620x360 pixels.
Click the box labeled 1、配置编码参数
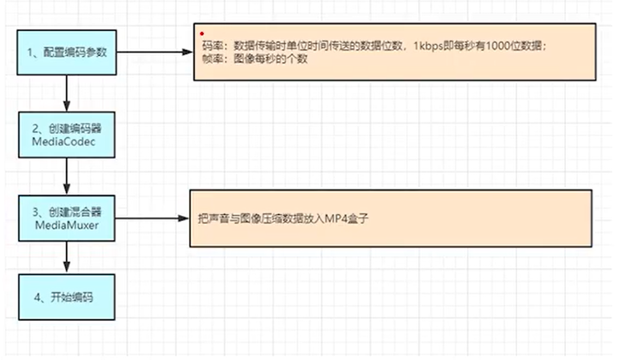pyautogui.click(x=66, y=53)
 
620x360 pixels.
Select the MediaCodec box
pyautogui.click(x=66, y=135)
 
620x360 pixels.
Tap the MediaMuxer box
pyautogui.click(x=66, y=218)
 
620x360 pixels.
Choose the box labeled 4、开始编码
pyautogui.click(x=66, y=297)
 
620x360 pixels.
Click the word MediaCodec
pyautogui.click(x=64, y=142)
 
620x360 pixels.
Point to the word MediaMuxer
pyautogui.click(x=66, y=225)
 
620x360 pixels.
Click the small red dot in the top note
pyautogui.click(x=202, y=34)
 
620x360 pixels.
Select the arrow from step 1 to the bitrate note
pyautogui.click(x=154, y=52)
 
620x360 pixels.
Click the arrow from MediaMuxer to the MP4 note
pyautogui.click(x=152, y=218)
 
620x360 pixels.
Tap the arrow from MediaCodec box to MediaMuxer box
pyautogui.click(x=66, y=176)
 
